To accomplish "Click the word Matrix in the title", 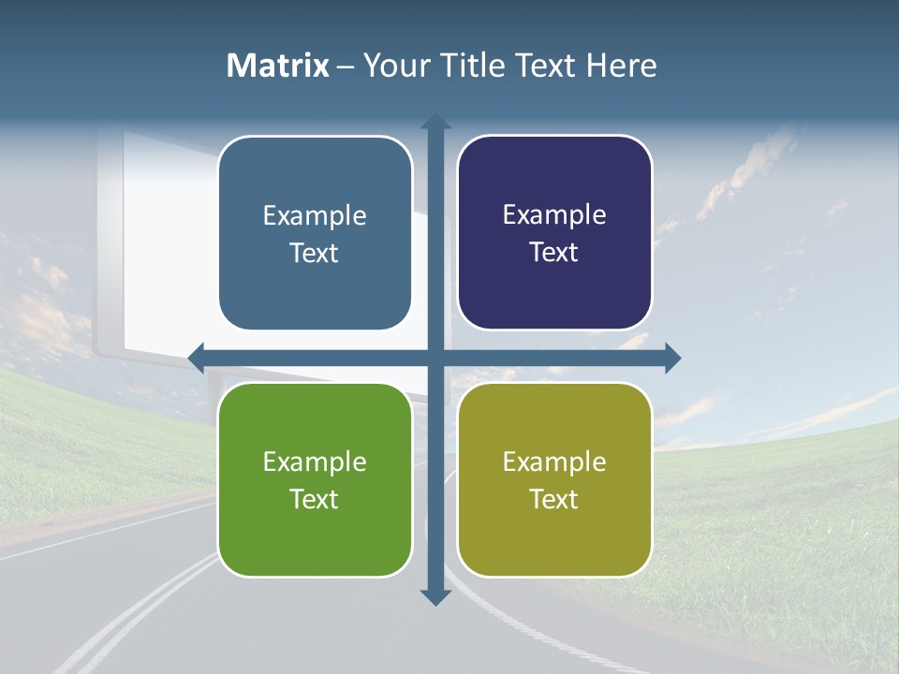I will click(278, 66).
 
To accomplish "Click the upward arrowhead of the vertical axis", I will click(435, 122).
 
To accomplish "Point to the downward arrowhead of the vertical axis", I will click(435, 596).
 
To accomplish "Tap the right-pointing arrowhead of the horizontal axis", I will click(672, 358).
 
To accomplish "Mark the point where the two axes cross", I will click(435, 358).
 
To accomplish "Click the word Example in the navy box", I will click(554, 215).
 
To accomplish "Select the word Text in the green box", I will click(314, 499).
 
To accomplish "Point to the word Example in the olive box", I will click(554, 462).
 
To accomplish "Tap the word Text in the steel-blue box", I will click(314, 253).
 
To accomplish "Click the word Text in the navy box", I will click(554, 253).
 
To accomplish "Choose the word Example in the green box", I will click(315, 462).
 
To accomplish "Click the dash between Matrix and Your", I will click(346, 66).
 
